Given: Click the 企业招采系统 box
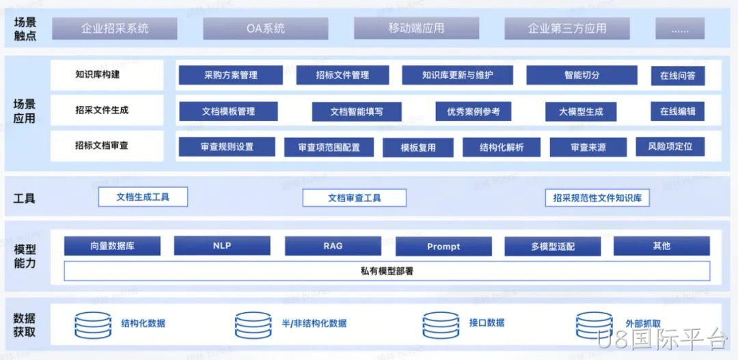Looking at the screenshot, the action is (x=115, y=28).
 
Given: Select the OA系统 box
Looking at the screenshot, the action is (x=265, y=28).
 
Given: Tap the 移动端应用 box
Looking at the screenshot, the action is (x=417, y=28).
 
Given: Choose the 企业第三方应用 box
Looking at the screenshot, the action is (x=567, y=28).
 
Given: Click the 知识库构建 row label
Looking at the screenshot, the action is (x=98, y=74).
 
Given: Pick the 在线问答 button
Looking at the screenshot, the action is (x=678, y=75).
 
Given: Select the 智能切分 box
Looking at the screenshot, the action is (x=582, y=75).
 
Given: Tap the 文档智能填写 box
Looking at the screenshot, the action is (x=357, y=112).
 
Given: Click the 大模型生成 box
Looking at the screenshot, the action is (x=581, y=112).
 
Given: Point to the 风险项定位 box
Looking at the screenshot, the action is (x=670, y=146).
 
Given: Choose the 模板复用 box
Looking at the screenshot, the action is (x=418, y=148).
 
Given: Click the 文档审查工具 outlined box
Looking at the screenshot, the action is (x=355, y=197).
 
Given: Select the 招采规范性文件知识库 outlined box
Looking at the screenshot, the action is (x=597, y=197).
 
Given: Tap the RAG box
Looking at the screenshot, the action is (x=333, y=246).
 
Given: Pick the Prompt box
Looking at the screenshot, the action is (x=443, y=246).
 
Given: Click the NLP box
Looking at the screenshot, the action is (x=222, y=246).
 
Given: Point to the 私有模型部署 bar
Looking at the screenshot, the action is (x=387, y=271).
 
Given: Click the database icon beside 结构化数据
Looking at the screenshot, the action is (x=93, y=324).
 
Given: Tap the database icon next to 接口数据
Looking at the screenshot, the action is (x=441, y=324).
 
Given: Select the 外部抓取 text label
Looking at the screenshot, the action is (x=643, y=324).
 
